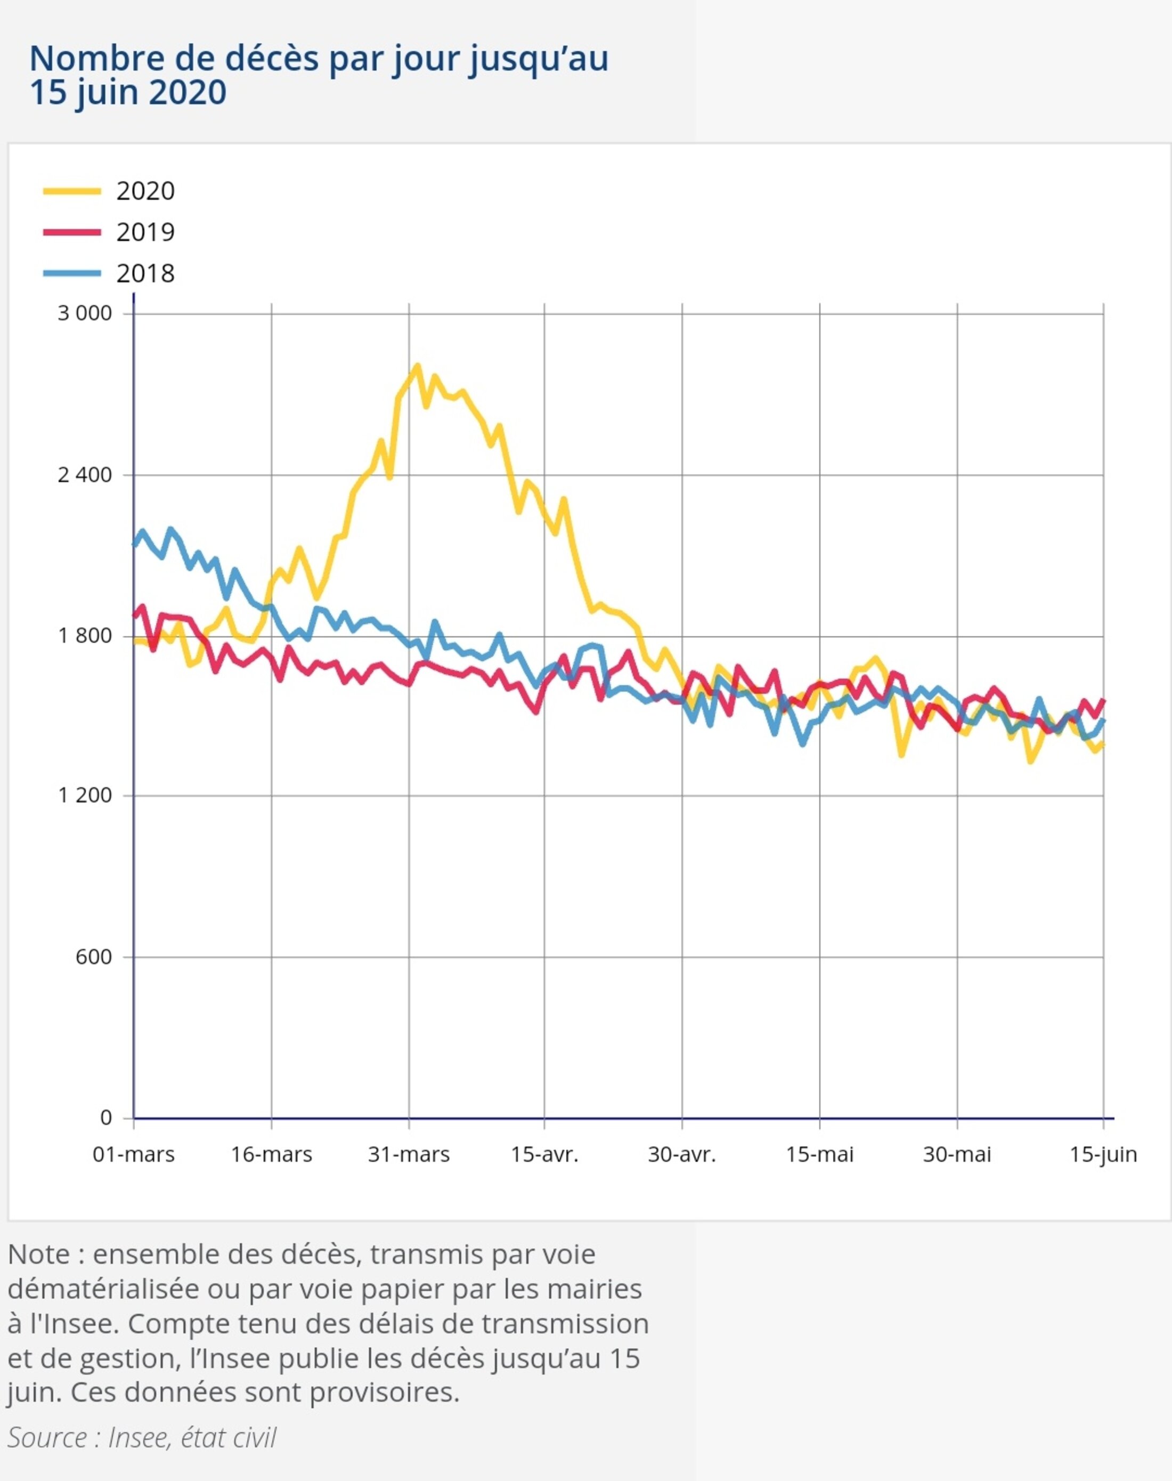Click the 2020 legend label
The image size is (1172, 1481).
tap(145, 191)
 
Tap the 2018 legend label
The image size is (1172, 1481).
tap(145, 273)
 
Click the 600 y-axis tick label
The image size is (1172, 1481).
tap(93, 957)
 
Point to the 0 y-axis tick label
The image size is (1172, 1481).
tap(105, 1117)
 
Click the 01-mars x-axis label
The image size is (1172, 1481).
tap(134, 1155)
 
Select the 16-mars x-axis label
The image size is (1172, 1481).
tap(271, 1155)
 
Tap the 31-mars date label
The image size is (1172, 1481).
tap(409, 1155)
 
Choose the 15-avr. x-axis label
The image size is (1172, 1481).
tap(545, 1155)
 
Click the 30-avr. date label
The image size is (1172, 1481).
tap(682, 1155)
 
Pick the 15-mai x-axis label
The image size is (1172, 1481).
tap(820, 1155)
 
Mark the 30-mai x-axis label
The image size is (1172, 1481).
tap(957, 1155)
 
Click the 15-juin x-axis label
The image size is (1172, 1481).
tap(1103, 1155)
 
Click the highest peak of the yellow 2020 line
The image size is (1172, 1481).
tap(417, 367)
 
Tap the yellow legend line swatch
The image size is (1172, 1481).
tap(72, 191)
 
